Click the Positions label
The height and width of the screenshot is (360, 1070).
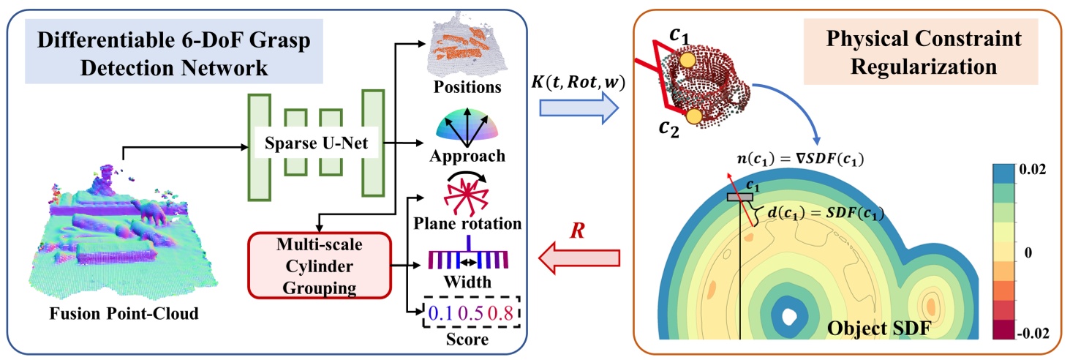tap(467, 87)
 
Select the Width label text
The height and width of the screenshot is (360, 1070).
tap(466, 281)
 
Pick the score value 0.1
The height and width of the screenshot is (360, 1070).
tap(442, 314)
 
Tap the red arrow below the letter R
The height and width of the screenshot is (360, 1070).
tap(578, 257)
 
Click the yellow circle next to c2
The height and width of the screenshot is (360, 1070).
tap(694, 116)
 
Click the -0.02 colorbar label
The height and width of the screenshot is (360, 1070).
tap(1033, 333)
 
